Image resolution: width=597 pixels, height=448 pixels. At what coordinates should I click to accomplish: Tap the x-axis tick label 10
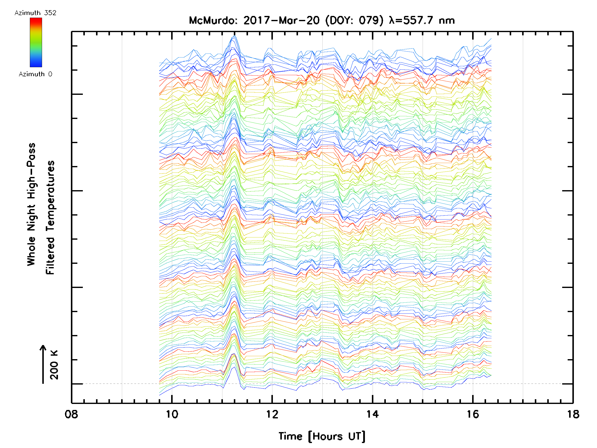coord(172,414)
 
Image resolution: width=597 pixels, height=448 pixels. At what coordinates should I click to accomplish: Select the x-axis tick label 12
coord(272,414)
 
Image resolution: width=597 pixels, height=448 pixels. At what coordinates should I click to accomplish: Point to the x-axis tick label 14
coord(372,414)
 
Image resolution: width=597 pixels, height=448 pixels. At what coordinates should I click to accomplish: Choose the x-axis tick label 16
coord(473,414)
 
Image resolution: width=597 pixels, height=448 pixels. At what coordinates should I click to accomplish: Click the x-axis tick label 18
coord(573,414)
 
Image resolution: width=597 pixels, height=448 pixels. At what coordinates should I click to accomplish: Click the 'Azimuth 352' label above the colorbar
coord(35,13)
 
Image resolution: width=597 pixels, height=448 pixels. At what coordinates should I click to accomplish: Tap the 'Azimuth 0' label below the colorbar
coord(35,74)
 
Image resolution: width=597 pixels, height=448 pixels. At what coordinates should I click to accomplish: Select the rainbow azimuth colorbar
coord(36,42)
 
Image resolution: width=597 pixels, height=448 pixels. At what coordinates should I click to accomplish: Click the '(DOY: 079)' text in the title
coord(354,20)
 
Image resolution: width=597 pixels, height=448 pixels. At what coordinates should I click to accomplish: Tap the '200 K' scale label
coord(54,365)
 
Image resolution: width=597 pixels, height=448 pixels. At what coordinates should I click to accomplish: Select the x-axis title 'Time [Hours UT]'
coord(322,436)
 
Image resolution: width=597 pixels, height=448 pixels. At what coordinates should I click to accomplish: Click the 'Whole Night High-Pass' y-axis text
coord(31,204)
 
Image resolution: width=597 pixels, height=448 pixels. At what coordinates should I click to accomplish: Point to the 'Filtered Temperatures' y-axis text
coord(50,217)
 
